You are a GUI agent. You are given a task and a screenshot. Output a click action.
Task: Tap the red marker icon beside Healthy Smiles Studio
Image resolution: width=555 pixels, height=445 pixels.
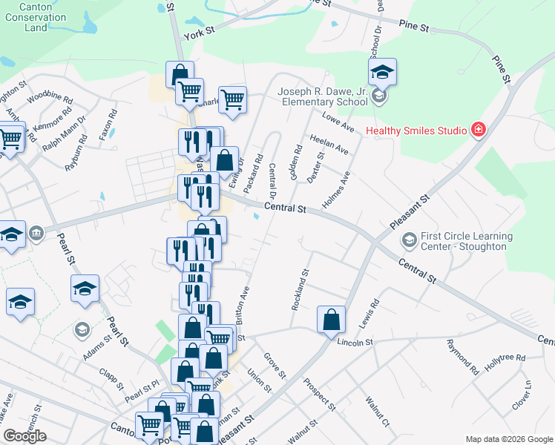[x=479, y=131]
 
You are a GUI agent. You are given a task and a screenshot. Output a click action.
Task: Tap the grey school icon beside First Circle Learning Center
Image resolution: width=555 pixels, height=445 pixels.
[x=409, y=240]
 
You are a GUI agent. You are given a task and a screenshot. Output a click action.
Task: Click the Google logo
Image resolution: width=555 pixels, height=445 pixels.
[x=24, y=436]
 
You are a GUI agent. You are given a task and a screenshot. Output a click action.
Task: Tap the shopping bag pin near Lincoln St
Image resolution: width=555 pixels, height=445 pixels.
[x=331, y=320]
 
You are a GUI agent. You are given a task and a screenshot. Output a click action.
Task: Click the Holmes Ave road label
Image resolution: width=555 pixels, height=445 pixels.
[x=335, y=190]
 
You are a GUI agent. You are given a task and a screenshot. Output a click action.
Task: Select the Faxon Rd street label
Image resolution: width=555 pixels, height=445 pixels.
[x=108, y=126]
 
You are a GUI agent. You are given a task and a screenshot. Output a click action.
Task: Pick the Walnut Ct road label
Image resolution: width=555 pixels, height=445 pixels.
[x=377, y=412]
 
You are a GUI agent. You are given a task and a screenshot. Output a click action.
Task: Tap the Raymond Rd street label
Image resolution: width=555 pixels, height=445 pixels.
[x=461, y=356]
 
